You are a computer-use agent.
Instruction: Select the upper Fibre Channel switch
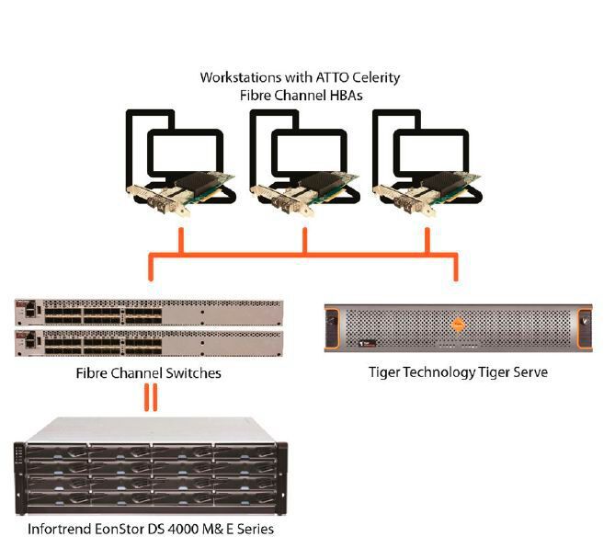point(147,313)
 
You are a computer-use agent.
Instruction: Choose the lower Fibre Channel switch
point(147,343)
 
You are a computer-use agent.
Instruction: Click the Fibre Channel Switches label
point(149,374)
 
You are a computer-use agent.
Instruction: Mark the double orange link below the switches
point(149,397)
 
